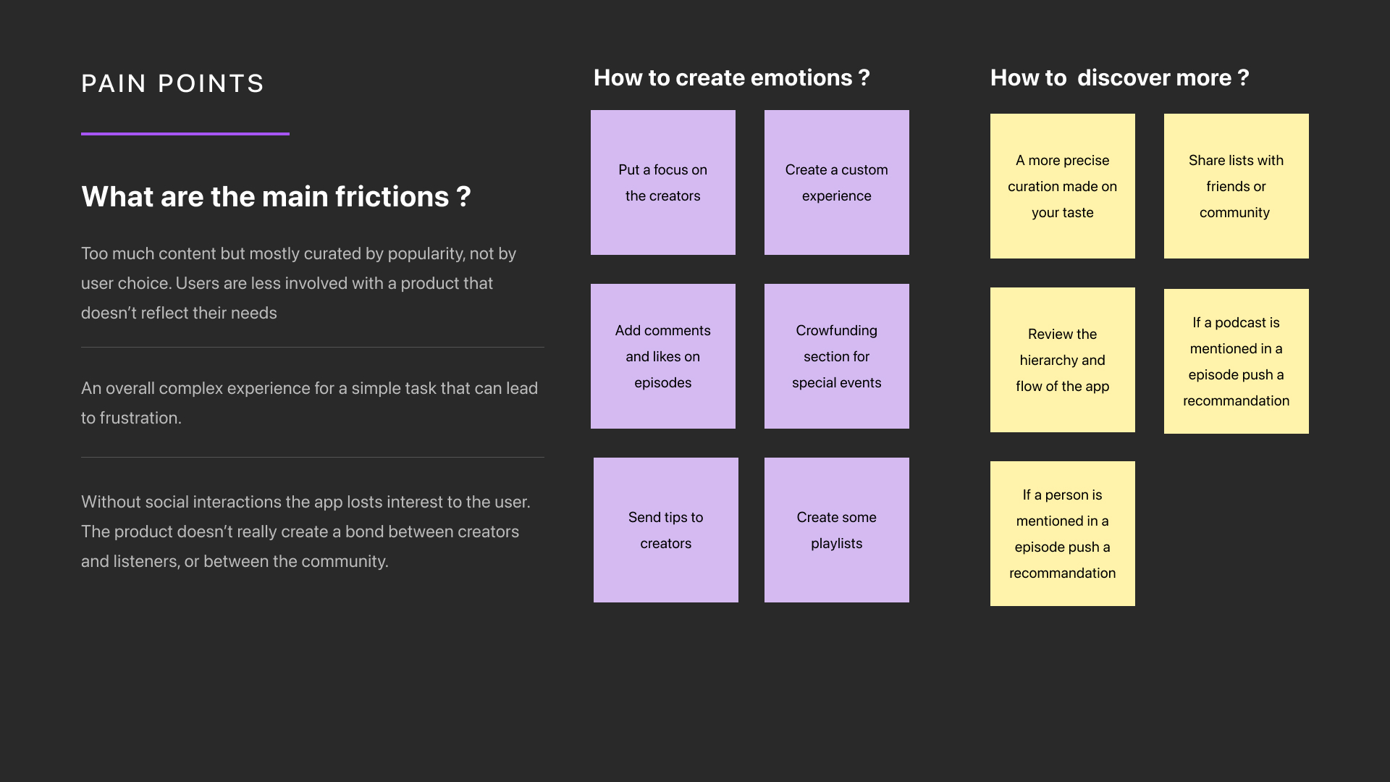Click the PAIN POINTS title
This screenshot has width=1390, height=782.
point(172,84)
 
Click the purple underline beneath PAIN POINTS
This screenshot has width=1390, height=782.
point(185,134)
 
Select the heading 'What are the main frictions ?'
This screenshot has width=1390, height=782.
point(276,197)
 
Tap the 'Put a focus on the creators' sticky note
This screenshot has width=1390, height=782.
point(662,182)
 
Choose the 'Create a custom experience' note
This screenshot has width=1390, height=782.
point(836,182)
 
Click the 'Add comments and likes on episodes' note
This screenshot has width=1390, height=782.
point(662,356)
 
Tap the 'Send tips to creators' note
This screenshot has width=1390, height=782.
point(665,530)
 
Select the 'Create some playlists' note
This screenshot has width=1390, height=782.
point(836,530)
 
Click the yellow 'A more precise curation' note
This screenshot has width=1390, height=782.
point(1062,186)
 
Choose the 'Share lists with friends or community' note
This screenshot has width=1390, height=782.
point(1236,186)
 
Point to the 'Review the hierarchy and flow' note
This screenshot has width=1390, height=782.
point(1062,360)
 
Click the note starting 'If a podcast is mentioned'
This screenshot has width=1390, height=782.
point(1236,361)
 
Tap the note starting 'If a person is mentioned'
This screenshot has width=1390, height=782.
point(1062,534)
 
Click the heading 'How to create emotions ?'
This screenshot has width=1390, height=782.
point(731,78)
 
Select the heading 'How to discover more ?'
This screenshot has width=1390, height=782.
point(1119,78)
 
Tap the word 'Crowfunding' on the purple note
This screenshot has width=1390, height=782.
point(836,331)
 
